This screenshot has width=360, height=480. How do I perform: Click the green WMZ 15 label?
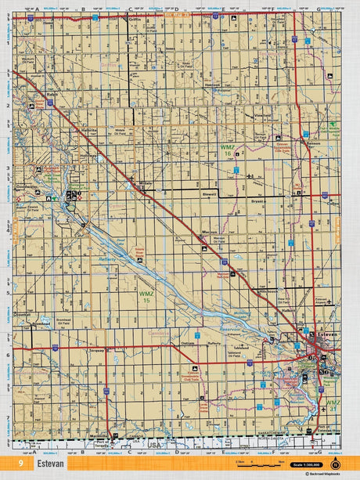146,295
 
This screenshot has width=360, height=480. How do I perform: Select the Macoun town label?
208,233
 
